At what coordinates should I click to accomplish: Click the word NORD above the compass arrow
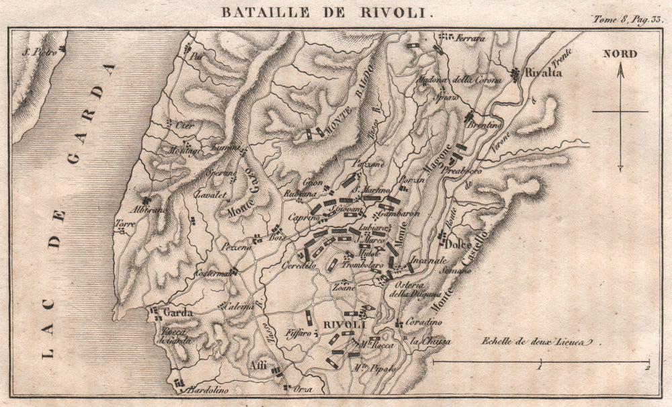(620, 54)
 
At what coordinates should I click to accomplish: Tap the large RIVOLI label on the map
(343, 324)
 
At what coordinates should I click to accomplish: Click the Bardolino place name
(204, 390)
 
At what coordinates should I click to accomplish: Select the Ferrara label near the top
(470, 38)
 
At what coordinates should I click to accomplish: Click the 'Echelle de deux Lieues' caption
(538, 341)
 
